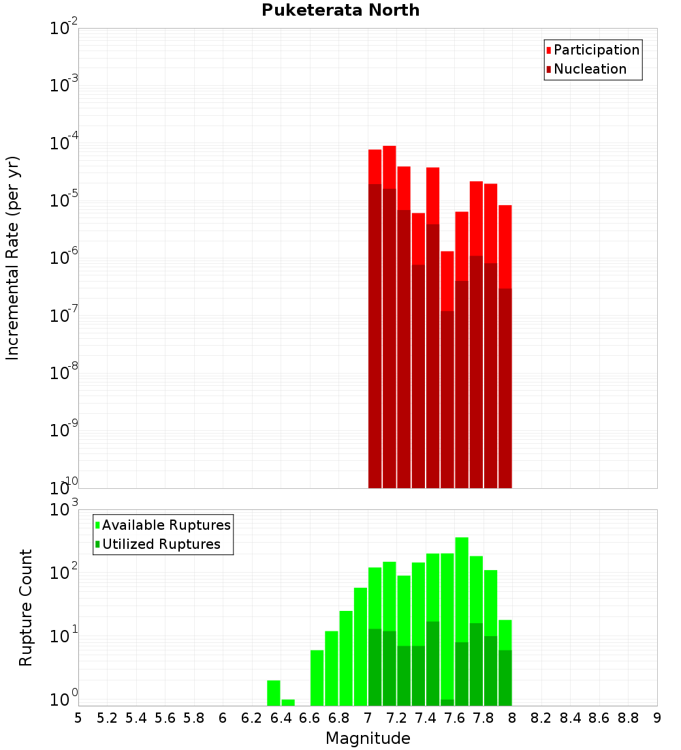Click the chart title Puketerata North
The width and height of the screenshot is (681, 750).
click(340, 10)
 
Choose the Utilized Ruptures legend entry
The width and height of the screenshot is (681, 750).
click(161, 544)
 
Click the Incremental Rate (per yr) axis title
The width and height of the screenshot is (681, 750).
click(13, 258)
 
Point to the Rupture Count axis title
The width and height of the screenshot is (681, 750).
click(26, 607)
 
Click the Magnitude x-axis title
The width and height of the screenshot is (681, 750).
click(368, 738)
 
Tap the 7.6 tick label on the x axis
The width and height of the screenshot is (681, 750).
click(454, 718)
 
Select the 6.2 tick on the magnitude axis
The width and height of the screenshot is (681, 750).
click(252, 718)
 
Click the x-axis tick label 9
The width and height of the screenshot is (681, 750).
click(656, 718)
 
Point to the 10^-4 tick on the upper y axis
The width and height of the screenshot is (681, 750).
click(64, 142)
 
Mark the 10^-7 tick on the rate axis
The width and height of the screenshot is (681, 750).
click(64, 315)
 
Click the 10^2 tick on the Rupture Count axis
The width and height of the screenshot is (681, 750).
click(64, 571)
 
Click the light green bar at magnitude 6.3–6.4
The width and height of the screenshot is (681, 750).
click(274, 693)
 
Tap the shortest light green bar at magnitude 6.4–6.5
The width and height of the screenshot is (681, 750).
click(288, 702)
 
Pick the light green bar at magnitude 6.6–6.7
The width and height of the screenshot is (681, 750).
click(317, 678)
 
